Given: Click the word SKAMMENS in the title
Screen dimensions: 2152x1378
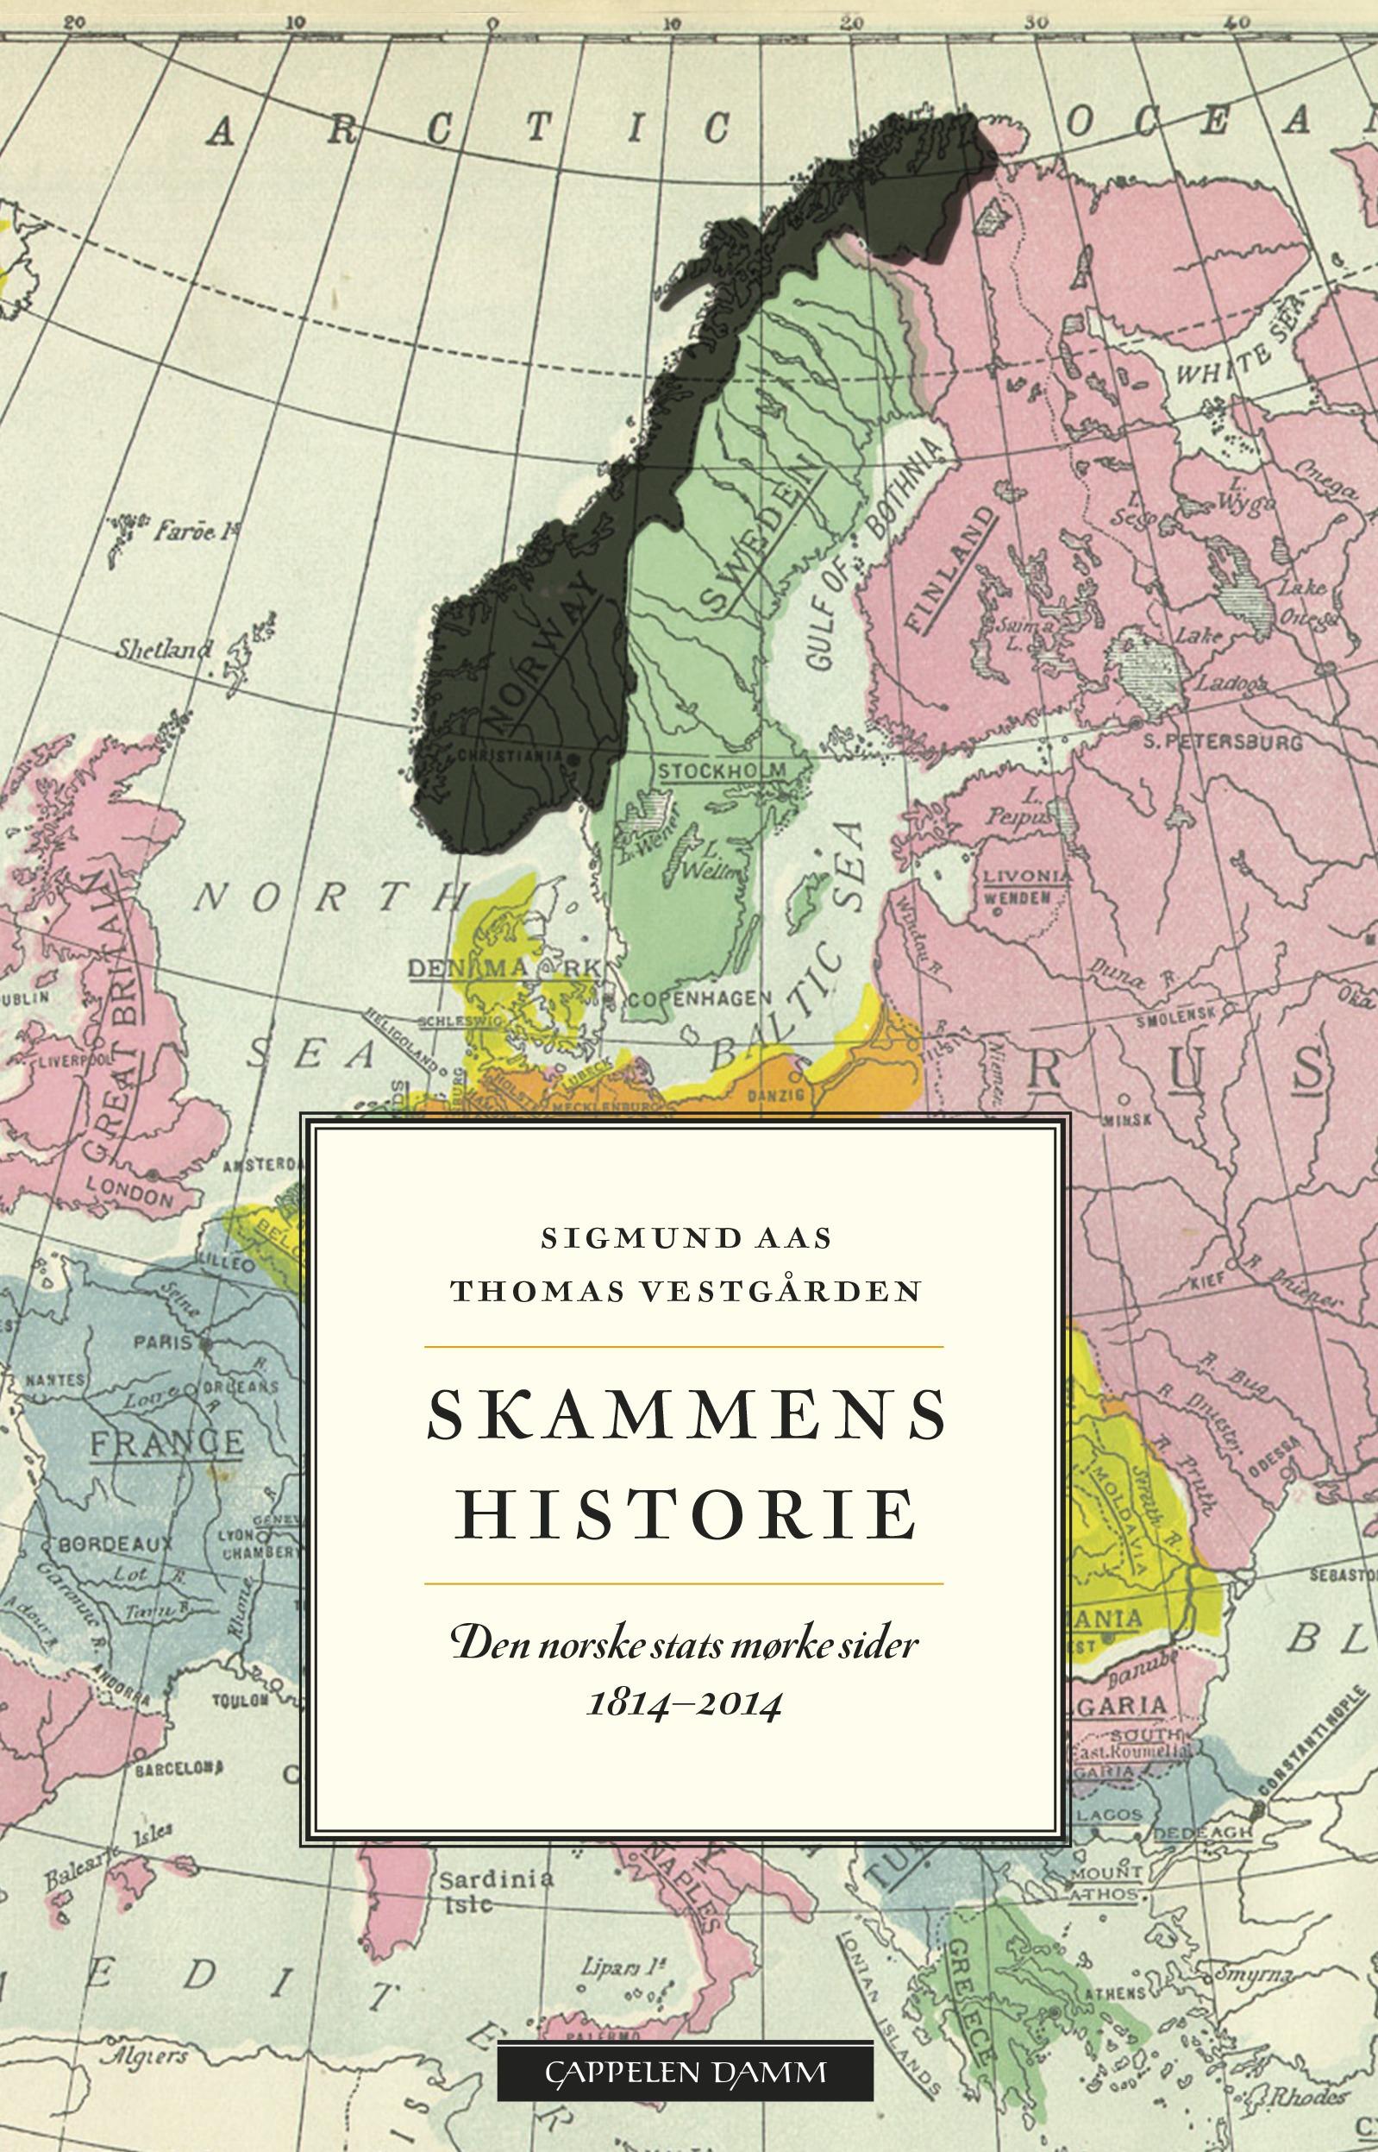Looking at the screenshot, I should (x=686, y=1415).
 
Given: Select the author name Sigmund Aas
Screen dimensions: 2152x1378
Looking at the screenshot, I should (x=686, y=1238).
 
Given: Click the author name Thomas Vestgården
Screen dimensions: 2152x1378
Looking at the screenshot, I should (x=686, y=1291).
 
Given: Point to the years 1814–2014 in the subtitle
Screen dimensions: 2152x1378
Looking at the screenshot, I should (x=685, y=1703).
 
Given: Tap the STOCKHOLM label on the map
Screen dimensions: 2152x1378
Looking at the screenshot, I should (x=721, y=771).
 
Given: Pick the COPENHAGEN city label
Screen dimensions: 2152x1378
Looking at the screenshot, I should (x=698, y=998).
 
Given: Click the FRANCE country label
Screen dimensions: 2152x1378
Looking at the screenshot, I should (x=167, y=1443).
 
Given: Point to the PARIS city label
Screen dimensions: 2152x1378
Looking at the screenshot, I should (x=163, y=1342).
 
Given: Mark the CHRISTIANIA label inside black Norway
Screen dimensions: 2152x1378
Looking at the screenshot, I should (x=510, y=756).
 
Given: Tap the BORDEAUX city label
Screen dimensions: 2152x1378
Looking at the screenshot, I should (x=117, y=1545).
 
